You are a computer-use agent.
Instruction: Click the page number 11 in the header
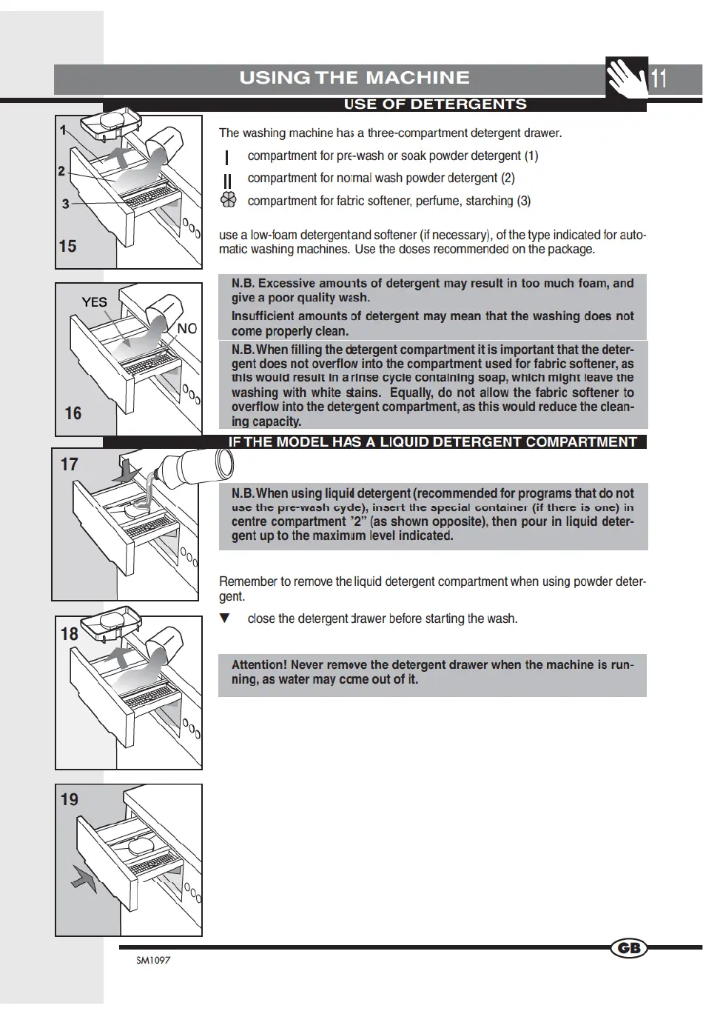(x=659, y=78)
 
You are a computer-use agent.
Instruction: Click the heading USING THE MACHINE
(x=354, y=78)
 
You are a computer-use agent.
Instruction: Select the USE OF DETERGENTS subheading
(x=435, y=104)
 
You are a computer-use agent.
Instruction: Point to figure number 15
(x=67, y=246)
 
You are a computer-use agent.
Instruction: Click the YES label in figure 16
(x=95, y=302)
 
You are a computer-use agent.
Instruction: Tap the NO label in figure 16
(x=187, y=328)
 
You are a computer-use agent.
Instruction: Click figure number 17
(x=69, y=464)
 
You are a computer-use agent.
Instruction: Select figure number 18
(x=69, y=634)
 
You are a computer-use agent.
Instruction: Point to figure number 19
(x=69, y=799)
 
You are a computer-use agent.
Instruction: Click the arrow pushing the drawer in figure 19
(x=84, y=881)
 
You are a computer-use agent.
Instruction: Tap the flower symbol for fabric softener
(x=229, y=200)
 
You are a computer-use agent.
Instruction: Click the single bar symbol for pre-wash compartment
(x=226, y=157)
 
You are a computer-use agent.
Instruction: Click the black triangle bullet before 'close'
(x=225, y=618)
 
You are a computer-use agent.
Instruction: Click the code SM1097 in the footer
(x=153, y=961)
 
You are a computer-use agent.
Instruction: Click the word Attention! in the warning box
(x=258, y=665)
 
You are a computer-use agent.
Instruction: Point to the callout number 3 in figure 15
(x=65, y=204)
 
